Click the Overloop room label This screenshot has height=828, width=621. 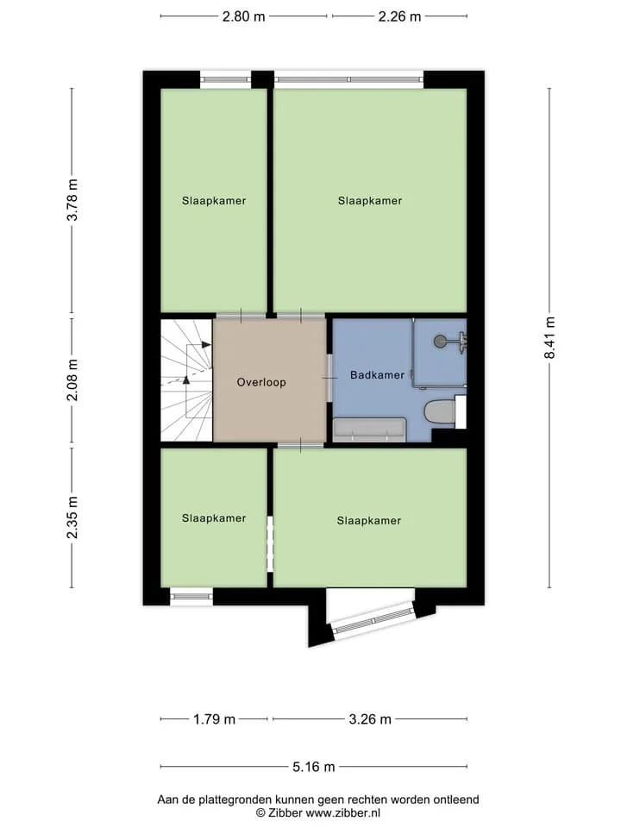click(x=261, y=382)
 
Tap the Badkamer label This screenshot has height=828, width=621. click(x=377, y=375)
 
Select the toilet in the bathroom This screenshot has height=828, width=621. click(x=440, y=412)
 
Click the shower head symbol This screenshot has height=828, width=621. click(x=440, y=342)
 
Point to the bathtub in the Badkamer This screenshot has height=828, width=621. click(x=369, y=430)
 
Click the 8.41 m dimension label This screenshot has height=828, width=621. click(x=549, y=338)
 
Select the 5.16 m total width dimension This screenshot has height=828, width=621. click(x=314, y=767)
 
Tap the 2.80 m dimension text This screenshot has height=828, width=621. click(x=243, y=16)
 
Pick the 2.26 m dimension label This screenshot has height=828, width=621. click(x=399, y=16)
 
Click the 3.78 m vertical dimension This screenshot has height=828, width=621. click(x=72, y=199)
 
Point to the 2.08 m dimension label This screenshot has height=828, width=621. click(x=72, y=379)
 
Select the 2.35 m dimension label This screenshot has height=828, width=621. click(x=72, y=517)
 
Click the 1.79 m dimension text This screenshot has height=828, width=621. click(x=214, y=719)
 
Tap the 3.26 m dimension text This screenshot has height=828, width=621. click(x=370, y=719)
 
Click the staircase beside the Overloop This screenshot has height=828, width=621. click(x=186, y=379)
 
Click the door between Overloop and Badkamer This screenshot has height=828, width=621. click(x=330, y=378)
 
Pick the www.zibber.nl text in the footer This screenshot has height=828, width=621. click(x=343, y=813)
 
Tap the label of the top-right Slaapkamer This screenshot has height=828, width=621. click(x=370, y=201)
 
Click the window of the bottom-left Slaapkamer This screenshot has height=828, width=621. click(x=191, y=597)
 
